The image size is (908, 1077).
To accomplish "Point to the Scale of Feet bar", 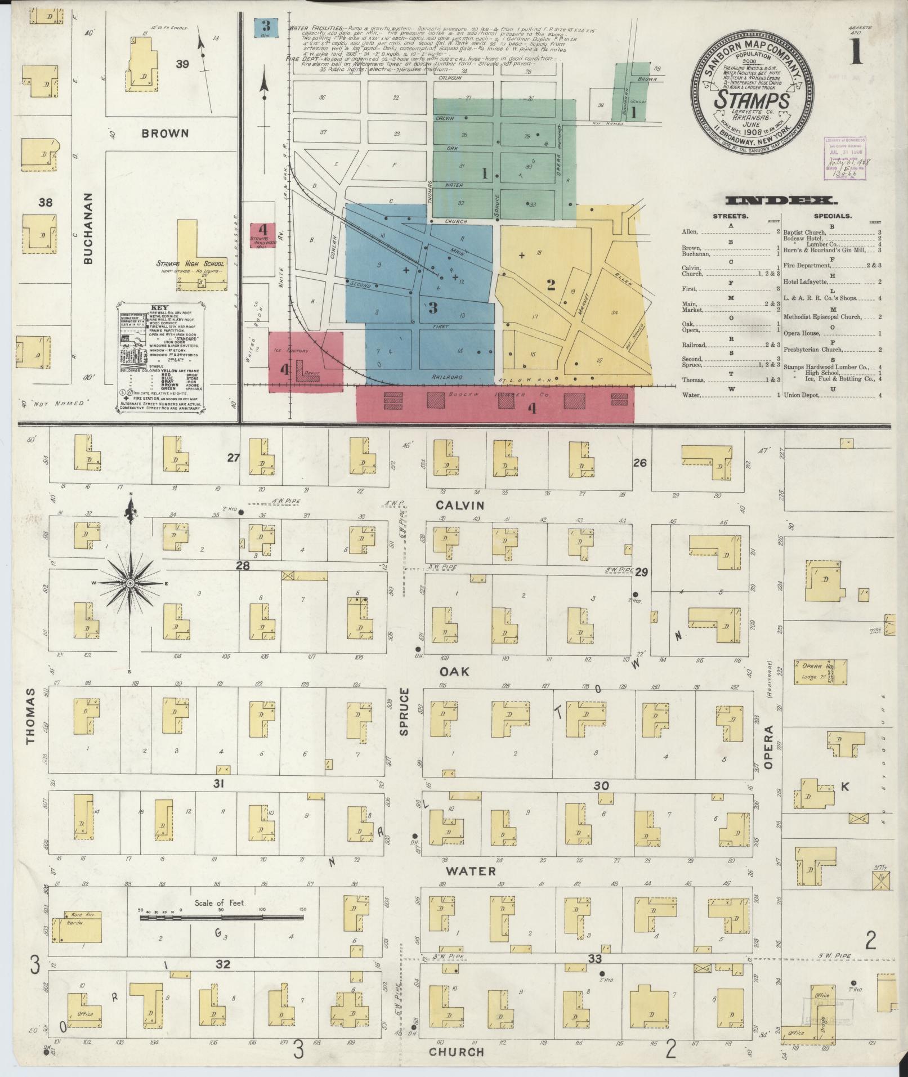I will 222,917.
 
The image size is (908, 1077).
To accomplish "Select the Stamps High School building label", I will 190,263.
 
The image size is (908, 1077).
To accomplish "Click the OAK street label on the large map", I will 454,672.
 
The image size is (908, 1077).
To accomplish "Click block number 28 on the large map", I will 243,566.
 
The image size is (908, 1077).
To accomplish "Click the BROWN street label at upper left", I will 165,133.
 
